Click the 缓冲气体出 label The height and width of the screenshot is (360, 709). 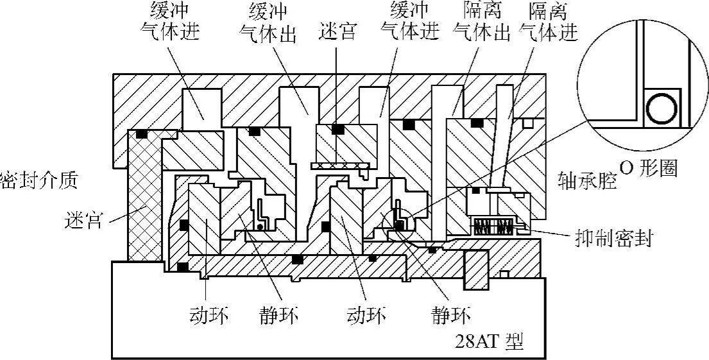268,22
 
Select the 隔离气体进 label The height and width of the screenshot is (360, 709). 549,22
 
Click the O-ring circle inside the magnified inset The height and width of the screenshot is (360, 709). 661,107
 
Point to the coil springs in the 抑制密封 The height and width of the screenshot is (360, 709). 494,226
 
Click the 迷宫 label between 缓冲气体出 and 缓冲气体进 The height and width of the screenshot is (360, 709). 338,31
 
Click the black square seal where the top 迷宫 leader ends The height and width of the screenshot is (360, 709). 336,130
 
